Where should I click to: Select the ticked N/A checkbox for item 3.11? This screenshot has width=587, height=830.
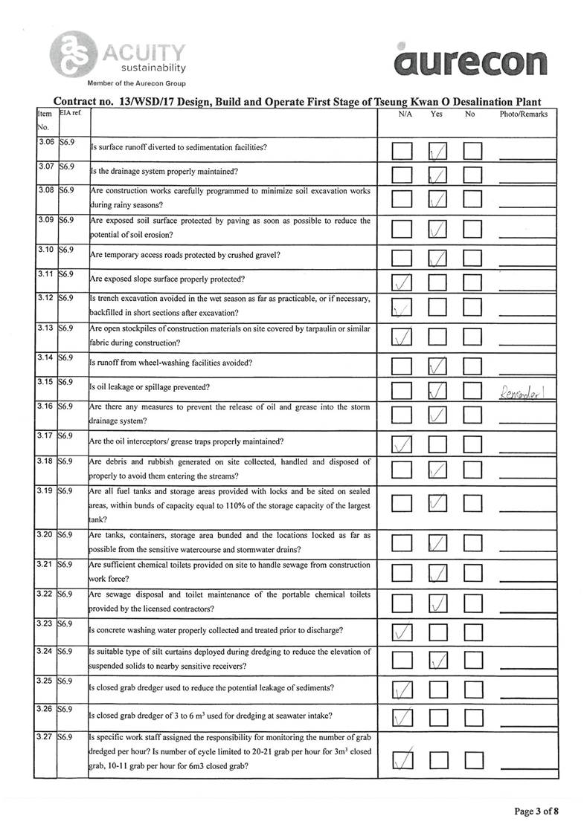[x=402, y=282]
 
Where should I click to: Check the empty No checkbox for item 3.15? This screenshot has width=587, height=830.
[x=473, y=390]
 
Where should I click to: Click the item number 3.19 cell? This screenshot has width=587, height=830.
[x=45, y=491]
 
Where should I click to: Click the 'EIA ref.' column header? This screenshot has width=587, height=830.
[x=71, y=114]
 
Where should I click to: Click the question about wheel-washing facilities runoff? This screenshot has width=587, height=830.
[x=170, y=363]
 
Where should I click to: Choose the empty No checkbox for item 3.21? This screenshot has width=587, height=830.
[x=473, y=574]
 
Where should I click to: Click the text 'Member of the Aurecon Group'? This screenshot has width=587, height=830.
[x=136, y=82]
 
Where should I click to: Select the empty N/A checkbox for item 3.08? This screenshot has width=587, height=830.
[x=402, y=199]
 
